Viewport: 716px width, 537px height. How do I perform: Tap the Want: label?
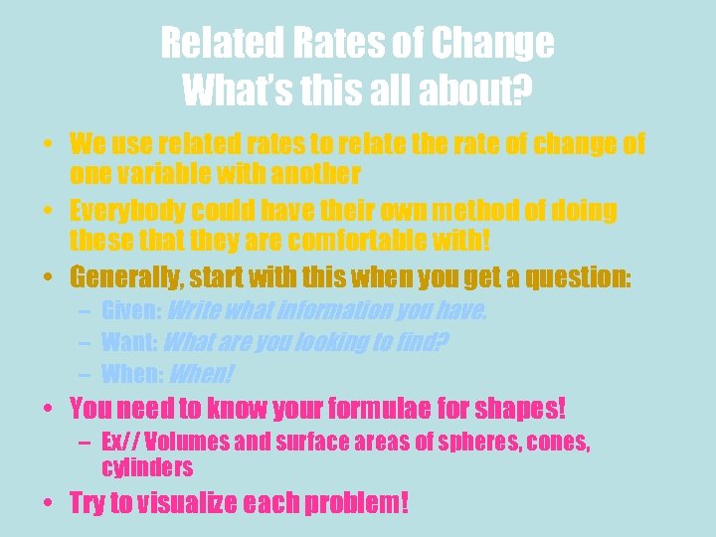click(128, 343)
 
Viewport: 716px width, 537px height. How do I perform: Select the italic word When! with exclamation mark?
click(203, 375)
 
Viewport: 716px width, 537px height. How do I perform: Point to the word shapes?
click(516, 408)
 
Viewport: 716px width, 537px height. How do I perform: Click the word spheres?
click(447, 443)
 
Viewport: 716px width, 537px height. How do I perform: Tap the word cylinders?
click(147, 467)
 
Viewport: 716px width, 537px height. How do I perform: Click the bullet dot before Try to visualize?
click(47, 503)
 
